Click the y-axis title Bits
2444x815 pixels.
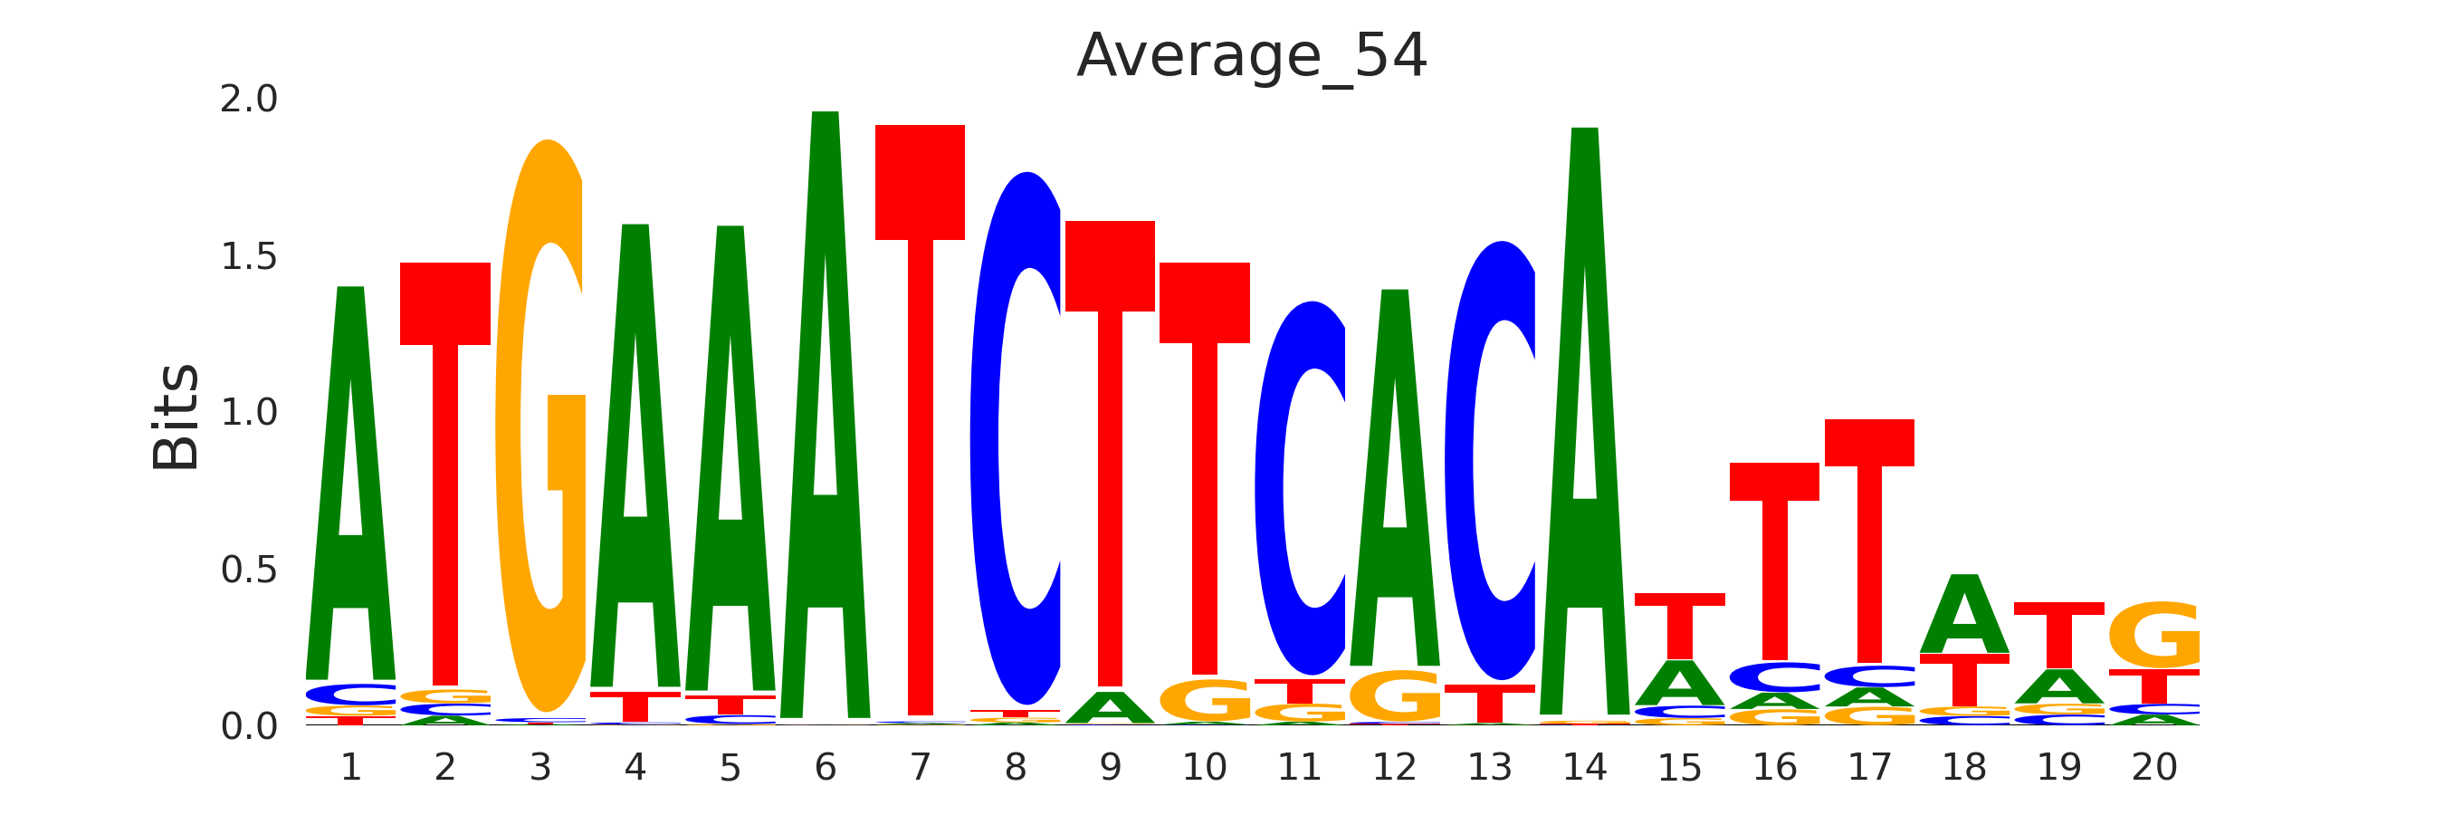click(177, 417)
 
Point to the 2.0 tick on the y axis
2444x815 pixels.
click(249, 99)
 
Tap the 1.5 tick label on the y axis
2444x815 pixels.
click(249, 256)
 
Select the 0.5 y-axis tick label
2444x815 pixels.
click(249, 570)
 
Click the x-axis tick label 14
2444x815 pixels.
click(1584, 767)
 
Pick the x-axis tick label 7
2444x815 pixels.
click(921, 767)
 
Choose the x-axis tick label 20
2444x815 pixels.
click(2153, 767)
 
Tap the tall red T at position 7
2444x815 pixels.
click(921, 417)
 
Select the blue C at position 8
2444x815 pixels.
click(1016, 436)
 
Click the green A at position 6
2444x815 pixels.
click(826, 417)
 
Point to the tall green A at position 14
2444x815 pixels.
click(1584, 427)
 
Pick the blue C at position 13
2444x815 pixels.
click(1490, 460)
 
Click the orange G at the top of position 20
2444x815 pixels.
click(2153, 635)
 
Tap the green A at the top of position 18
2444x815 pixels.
click(1964, 614)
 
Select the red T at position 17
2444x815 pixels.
click(1869, 541)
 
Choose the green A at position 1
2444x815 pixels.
click(351, 484)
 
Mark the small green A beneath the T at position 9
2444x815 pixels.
click(1110, 708)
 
